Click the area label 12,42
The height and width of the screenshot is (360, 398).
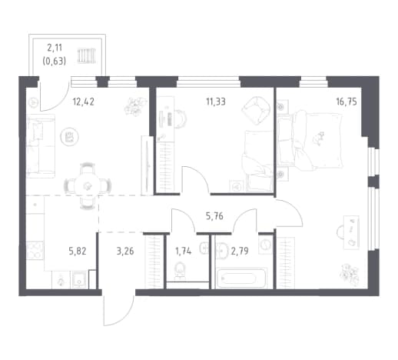(84, 102)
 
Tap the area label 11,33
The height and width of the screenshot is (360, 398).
(216, 102)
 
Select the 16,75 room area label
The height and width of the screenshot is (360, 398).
(347, 102)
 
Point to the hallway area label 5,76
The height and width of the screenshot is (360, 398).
(214, 216)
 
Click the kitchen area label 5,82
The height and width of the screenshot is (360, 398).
(78, 251)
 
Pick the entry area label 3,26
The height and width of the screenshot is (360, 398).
(125, 251)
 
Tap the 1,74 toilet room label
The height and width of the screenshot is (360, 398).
(183, 251)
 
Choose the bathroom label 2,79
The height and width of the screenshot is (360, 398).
(240, 251)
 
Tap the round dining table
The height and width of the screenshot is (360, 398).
(88, 185)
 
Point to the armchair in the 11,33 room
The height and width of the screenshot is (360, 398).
(256, 110)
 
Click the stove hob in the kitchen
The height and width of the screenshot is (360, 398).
(35, 250)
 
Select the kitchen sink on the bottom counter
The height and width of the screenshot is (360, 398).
(79, 280)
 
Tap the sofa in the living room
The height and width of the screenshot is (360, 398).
(41, 146)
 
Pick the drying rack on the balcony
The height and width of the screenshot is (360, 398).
(87, 55)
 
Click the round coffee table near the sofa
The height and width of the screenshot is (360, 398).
(70, 137)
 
